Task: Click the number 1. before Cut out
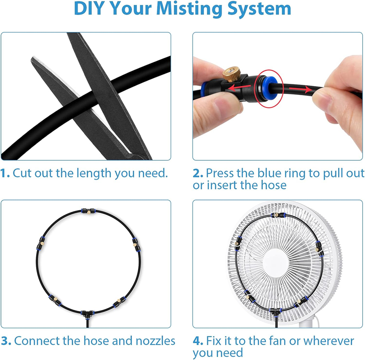click(5, 174)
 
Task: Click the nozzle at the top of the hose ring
click(85, 211)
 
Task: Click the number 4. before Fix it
click(198, 341)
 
